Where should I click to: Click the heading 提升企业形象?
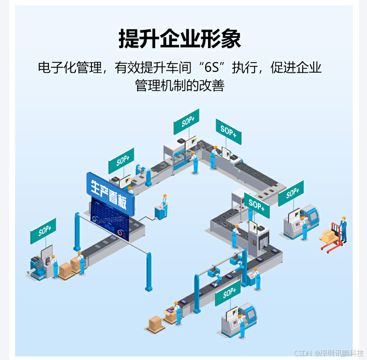180,39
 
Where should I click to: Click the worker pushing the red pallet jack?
343,229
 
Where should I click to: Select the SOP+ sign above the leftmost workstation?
43,231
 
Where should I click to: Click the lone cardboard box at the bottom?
156,322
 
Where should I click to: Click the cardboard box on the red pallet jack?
326,237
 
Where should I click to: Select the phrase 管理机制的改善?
180,85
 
